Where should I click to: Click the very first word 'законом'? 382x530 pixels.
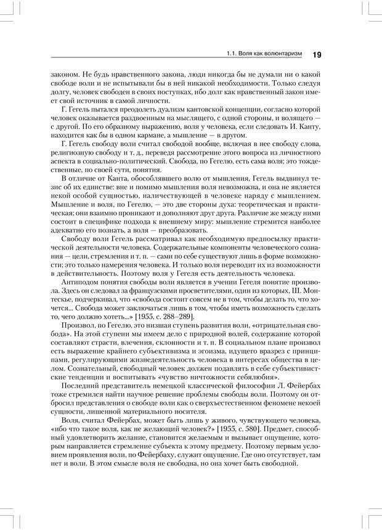[64, 73]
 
